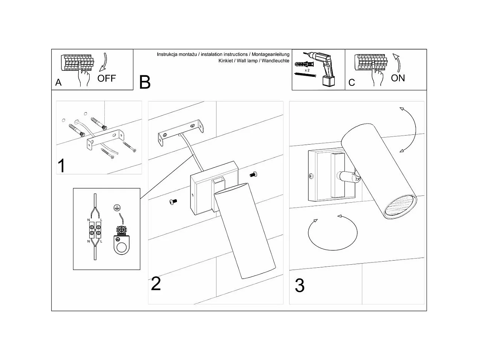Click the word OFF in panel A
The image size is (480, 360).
pos(107,78)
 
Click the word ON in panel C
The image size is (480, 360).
pos(398,78)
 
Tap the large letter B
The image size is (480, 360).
pos(145,82)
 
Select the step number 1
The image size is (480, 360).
pos(61,166)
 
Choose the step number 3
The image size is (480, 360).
pos(299,285)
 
